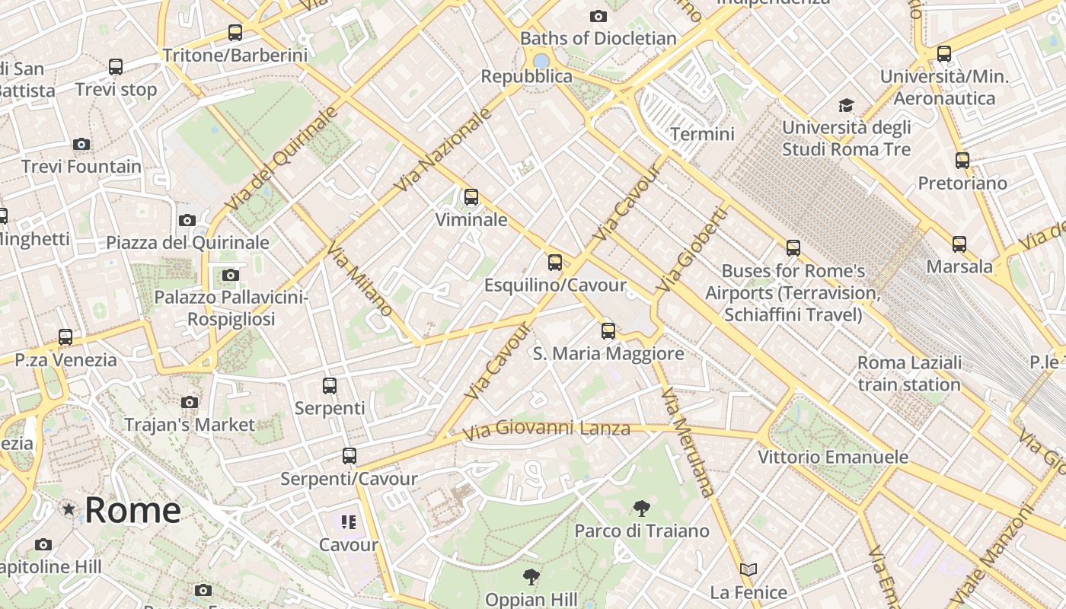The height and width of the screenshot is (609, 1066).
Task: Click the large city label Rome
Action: pyautogui.click(x=132, y=509)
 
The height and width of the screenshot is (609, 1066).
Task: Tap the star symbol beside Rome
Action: pyautogui.click(x=69, y=509)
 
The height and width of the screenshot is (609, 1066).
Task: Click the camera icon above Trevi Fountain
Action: pyautogui.click(x=81, y=144)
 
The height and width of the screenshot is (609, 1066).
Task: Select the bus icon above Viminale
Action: pyautogui.click(x=471, y=197)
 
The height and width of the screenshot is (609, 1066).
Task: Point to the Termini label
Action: pyautogui.click(x=702, y=135)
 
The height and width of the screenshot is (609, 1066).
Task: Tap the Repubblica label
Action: pyautogui.click(x=526, y=76)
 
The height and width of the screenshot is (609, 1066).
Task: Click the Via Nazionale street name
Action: pyautogui.click(x=443, y=150)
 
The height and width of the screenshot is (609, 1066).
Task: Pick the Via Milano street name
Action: pyautogui.click(x=360, y=279)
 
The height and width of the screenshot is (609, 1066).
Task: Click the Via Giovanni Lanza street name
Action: pyautogui.click(x=547, y=429)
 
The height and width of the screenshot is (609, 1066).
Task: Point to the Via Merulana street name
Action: pyautogui.click(x=688, y=442)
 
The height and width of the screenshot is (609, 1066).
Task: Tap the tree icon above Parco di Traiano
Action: pyautogui.click(x=642, y=508)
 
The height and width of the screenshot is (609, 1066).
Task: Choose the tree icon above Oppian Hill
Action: pyautogui.click(x=531, y=576)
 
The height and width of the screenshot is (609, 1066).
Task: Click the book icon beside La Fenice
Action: pyautogui.click(x=748, y=569)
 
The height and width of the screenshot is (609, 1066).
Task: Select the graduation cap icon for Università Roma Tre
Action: pyautogui.click(x=846, y=105)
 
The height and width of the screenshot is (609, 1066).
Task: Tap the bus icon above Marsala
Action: pyautogui.click(x=959, y=244)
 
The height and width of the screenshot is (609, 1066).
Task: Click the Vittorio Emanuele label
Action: pyautogui.click(x=833, y=457)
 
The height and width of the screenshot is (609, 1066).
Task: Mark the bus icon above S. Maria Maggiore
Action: pyautogui.click(x=608, y=331)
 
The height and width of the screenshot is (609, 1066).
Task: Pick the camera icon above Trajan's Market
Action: pyautogui.click(x=190, y=402)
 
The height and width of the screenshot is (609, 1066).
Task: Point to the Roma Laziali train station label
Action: pyautogui.click(x=909, y=373)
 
